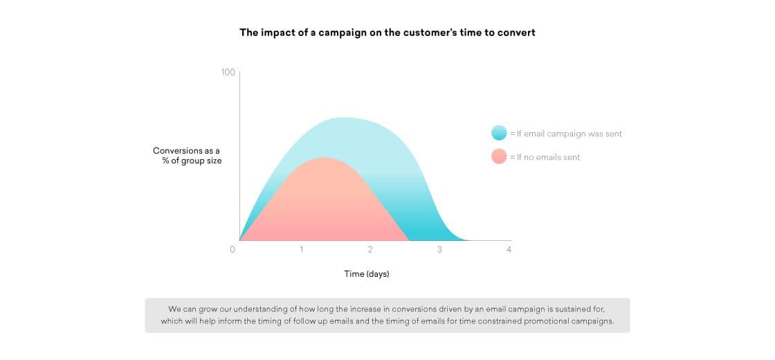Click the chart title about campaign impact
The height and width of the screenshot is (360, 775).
[x=387, y=33]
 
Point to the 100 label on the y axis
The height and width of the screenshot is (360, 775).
[x=228, y=72]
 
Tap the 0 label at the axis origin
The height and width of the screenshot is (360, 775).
[x=232, y=250]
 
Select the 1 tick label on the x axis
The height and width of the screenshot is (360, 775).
[x=302, y=250]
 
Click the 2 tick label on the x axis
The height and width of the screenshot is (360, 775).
[x=370, y=250]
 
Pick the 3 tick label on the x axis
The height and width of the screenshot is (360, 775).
[x=439, y=250]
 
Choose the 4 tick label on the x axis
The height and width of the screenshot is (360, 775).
[x=509, y=250]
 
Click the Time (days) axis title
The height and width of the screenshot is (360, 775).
[x=367, y=274]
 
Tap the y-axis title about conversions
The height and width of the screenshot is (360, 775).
[x=187, y=156]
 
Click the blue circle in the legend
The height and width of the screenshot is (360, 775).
[x=499, y=133]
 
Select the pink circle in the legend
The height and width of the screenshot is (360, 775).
[x=499, y=156]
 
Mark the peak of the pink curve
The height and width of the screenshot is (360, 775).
[x=323, y=159]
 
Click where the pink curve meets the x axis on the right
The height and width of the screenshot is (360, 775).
[x=409, y=240]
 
